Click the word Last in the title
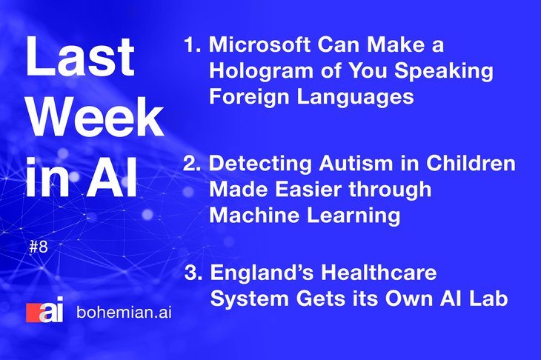(x=80, y=56)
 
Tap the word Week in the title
(x=95, y=117)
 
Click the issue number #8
(x=39, y=247)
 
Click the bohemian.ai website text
(x=125, y=312)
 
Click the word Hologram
(x=262, y=71)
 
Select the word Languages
(x=356, y=97)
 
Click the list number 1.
(x=193, y=45)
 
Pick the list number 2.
(x=192, y=163)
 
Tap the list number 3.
(x=193, y=273)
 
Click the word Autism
(x=356, y=163)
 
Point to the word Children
(x=471, y=163)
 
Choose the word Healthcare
(x=379, y=272)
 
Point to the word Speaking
(x=443, y=71)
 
